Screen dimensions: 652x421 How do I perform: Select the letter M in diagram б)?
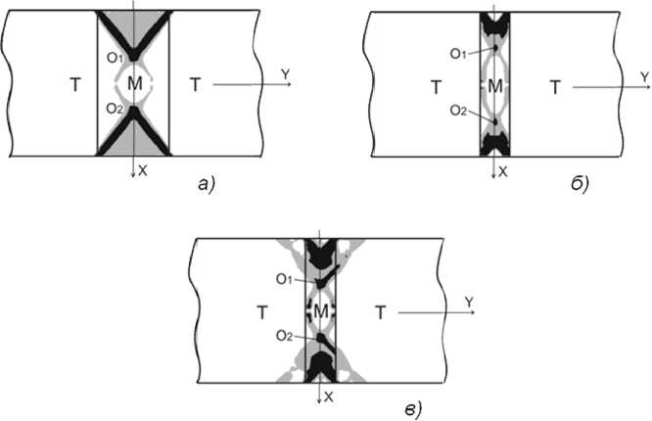[494, 87]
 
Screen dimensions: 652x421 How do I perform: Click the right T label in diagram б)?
[556, 87]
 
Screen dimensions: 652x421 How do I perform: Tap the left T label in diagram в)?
[261, 313]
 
